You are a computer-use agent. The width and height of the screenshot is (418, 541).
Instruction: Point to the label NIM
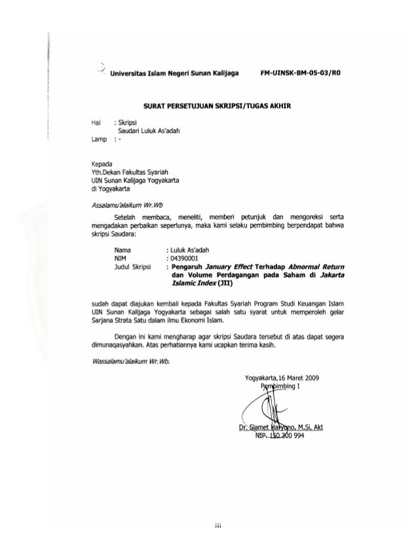121,258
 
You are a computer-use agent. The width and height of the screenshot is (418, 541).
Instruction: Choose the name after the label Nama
192,250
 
